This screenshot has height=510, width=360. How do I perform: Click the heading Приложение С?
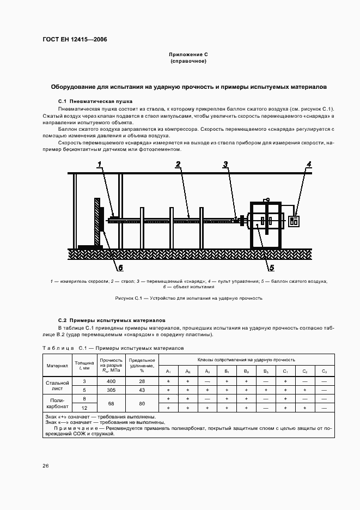pos(188,54)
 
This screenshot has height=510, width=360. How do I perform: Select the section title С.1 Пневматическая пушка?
pos(95,101)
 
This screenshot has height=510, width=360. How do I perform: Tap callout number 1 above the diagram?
pos(100,163)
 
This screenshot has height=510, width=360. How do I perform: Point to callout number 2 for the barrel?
pos(178,163)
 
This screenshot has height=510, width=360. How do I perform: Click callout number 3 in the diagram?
pos(225,163)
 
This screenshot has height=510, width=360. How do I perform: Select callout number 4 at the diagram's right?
pos(309,163)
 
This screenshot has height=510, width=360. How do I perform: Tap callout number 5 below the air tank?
pos(270,267)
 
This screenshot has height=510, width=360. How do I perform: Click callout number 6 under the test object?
pos(120,268)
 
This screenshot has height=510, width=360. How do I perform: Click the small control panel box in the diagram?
pos(294,221)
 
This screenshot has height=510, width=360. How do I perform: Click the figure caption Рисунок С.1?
pos(189,298)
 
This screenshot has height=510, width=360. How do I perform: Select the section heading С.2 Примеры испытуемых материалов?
pos(108,320)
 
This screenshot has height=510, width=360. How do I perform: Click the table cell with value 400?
pos(111,381)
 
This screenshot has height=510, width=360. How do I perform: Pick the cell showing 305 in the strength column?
pos(111,390)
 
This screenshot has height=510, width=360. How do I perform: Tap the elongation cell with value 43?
pos(142,390)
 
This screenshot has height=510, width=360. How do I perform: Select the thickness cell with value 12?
pos(84,408)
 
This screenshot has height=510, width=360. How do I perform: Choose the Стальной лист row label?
pos(57,386)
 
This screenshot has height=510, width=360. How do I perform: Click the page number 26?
pos(46,466)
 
